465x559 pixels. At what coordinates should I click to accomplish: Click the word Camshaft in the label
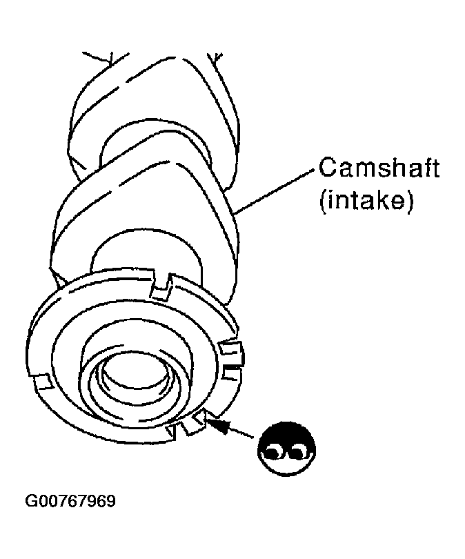click(378, 170)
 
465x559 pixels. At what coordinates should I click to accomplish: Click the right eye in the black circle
click(299, 453)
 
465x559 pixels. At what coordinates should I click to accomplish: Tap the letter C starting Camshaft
click(326, 170)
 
